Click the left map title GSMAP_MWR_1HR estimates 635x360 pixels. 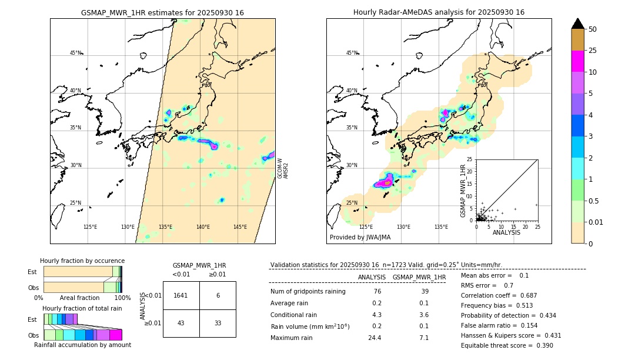click(x=162, y=12)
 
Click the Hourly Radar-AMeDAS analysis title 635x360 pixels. click(x=439, y=12)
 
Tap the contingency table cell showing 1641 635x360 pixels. click(x=181, y=295)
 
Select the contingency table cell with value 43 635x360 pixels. click(x=181, y=323)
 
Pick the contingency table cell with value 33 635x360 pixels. click(x=218, y=323)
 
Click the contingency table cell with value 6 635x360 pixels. click(x=218, y=295)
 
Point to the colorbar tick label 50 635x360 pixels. click(x=593, y=29)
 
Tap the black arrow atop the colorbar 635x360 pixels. click(x=578, y=24)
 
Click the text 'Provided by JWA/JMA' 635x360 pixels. click(x=360, y=238)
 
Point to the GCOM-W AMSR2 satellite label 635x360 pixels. click(x=283, y=168)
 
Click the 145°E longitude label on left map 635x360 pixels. click(x=240, y=227)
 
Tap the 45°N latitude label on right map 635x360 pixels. click(x=352, y=53)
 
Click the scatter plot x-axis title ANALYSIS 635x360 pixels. click(x=506, y=232)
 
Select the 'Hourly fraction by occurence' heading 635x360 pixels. click(x=82, y=261)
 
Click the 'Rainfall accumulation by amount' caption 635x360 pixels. click(x=83, y=345)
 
